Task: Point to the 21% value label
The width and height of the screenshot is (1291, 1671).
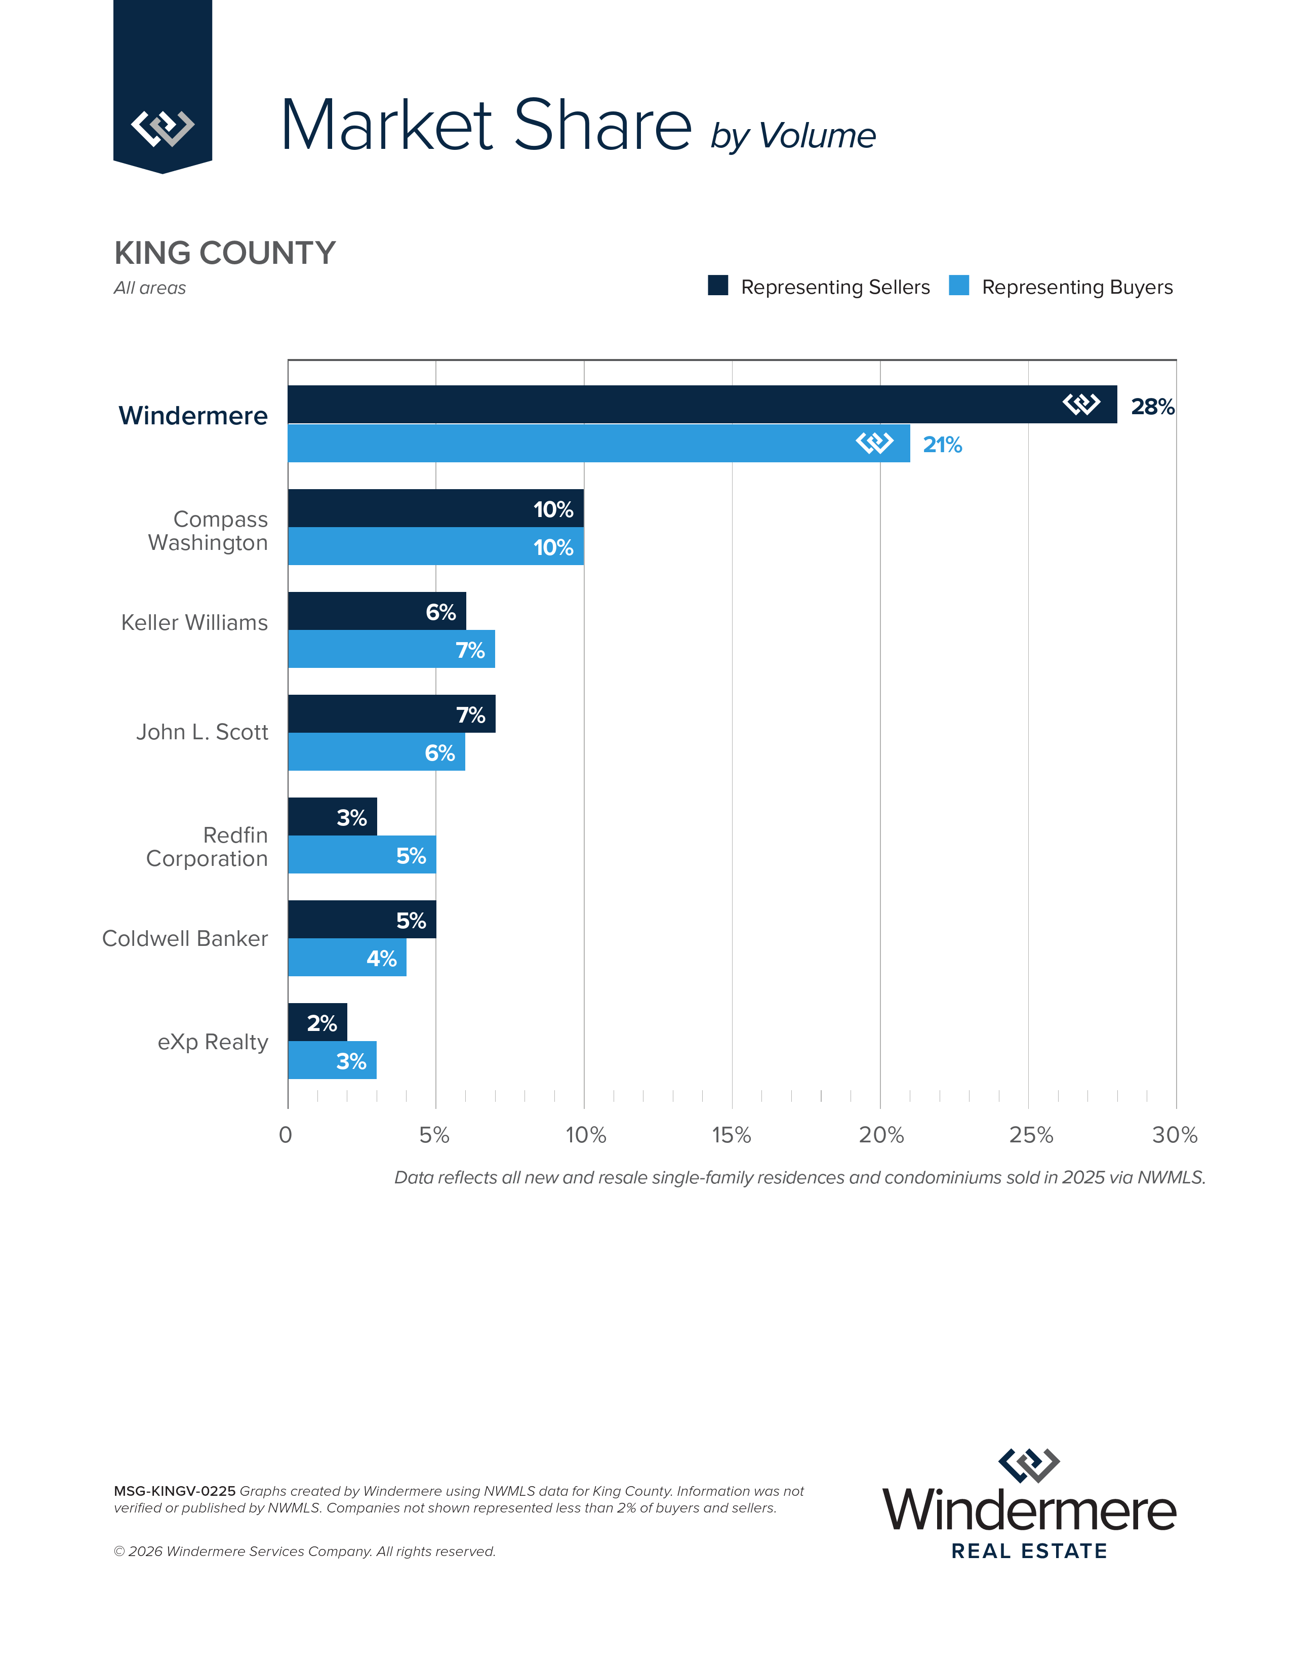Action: point(942,445)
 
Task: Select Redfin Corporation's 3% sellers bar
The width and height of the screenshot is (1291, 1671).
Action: point(332,816)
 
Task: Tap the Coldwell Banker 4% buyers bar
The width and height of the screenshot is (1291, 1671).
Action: point(346,957)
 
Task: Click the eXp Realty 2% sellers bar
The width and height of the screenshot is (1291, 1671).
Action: point(316,1022)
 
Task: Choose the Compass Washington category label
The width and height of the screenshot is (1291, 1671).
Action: point(208,530)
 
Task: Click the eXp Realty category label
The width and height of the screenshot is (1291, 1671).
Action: point(213,1042)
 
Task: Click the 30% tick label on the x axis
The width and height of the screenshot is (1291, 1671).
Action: point(1174,1135)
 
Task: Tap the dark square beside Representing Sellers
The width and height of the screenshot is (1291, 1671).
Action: point(717,286)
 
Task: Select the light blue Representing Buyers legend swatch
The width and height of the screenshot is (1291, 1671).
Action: point(958,286)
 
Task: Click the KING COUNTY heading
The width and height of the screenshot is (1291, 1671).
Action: point(225,253)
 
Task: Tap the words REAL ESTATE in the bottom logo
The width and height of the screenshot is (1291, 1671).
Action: point(1029,1551)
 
